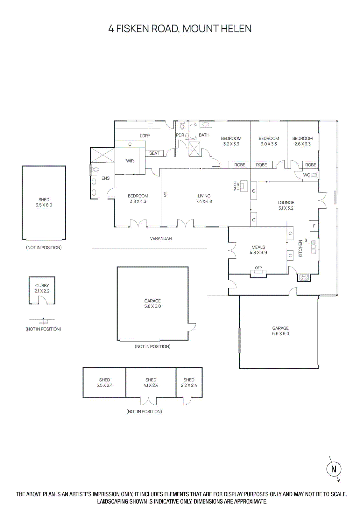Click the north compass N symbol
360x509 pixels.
point(334,469)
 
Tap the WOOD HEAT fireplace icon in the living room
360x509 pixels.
point(244,186)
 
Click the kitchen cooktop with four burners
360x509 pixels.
point(304,277)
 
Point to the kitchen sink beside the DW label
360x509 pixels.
point(314,247)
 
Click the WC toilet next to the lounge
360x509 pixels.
point(314,175)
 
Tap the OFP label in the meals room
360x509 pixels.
point(258,268)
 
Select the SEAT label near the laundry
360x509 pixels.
point(154,153)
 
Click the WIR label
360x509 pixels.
point(130,161)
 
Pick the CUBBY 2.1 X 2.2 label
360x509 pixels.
point(42,288)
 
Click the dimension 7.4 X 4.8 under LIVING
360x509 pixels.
point(204,201)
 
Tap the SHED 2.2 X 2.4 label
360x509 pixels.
point(189,382)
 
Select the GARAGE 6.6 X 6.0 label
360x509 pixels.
point(280,331)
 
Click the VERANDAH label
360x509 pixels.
point(161,238)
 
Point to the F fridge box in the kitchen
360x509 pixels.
point(314,226)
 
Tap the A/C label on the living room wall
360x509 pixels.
point(165,194)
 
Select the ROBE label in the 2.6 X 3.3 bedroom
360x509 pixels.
point(311,165)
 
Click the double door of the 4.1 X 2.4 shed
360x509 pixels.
point(148,401)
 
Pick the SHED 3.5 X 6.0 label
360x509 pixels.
point(44,202)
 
